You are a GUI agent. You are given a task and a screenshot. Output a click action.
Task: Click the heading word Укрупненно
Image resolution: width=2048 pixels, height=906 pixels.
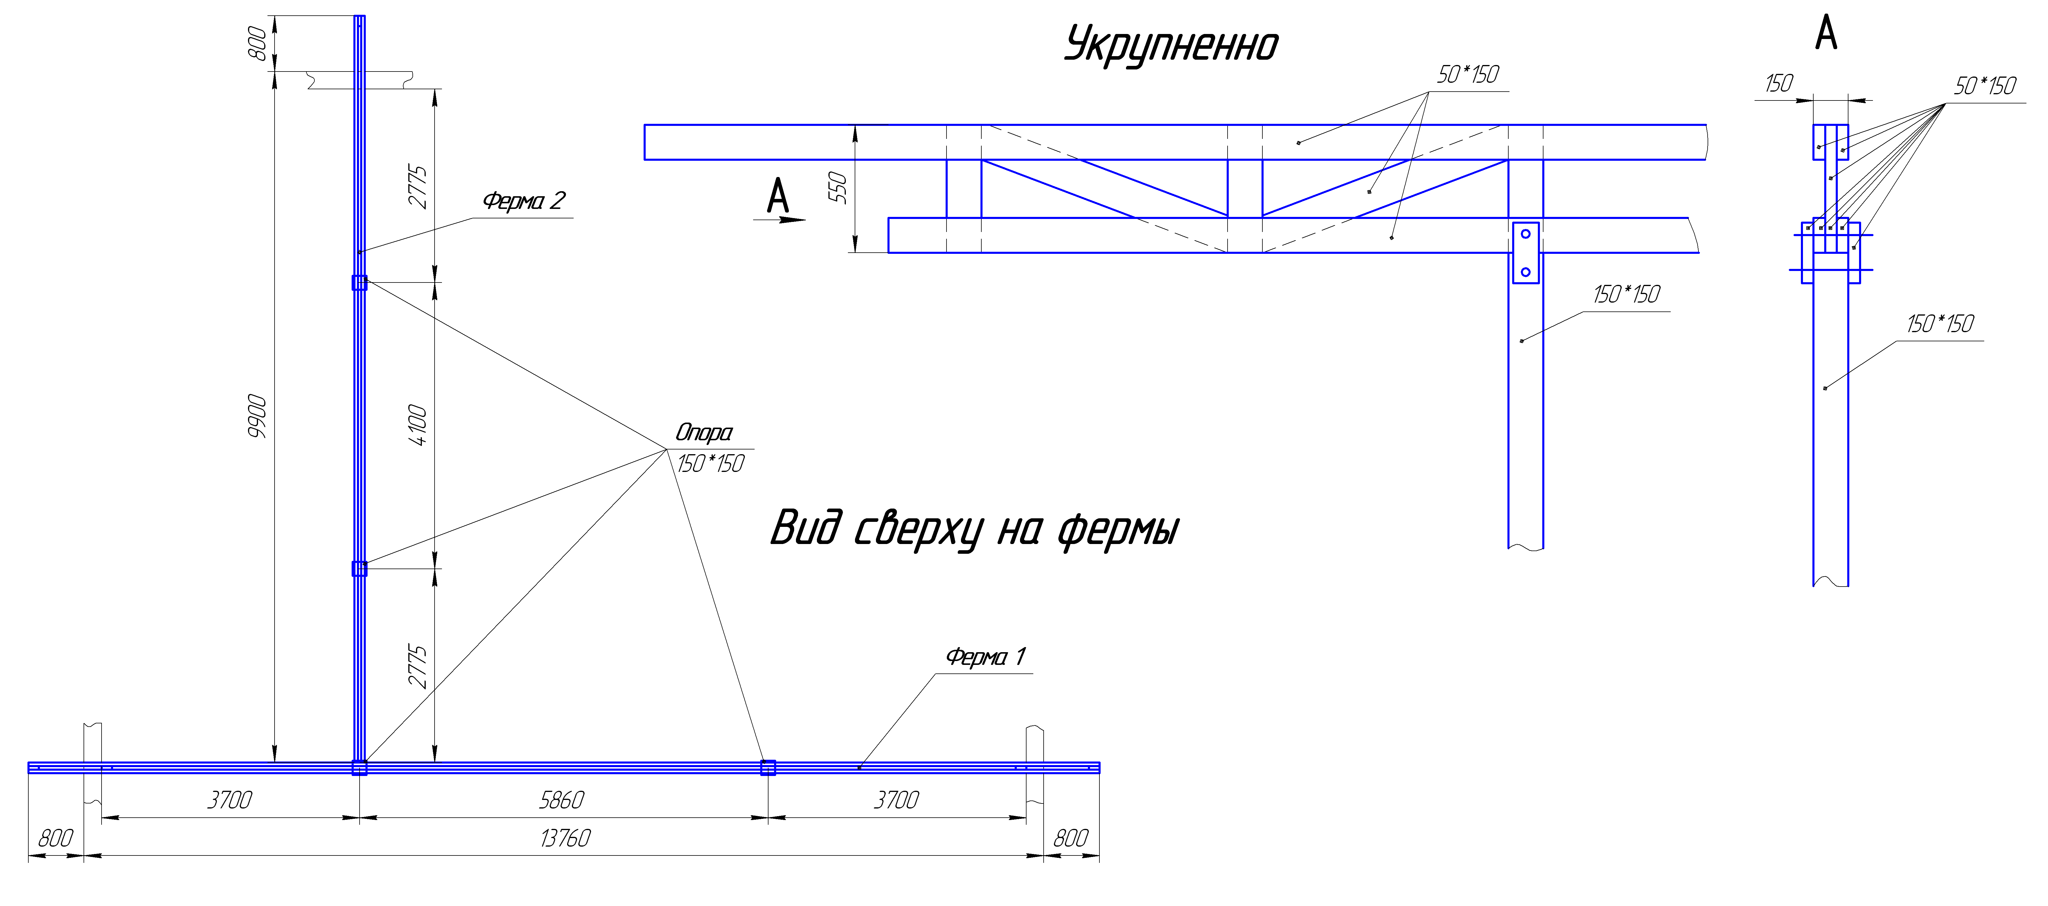(1171, 45)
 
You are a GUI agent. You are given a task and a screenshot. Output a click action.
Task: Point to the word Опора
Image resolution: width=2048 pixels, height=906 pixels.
(704, 433)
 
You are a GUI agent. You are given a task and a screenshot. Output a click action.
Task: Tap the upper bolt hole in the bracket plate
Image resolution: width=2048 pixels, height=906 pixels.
(1526, 234)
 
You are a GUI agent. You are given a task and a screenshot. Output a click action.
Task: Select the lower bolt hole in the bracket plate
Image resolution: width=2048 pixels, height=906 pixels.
(1526, 272)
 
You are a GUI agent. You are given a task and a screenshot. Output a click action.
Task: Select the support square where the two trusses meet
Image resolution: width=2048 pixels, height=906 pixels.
(359, 768)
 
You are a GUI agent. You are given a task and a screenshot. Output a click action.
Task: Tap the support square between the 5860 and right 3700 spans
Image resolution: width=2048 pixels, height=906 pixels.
(768, 768)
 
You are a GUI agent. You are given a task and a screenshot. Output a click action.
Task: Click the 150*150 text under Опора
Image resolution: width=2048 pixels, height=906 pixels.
(710, 464)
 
